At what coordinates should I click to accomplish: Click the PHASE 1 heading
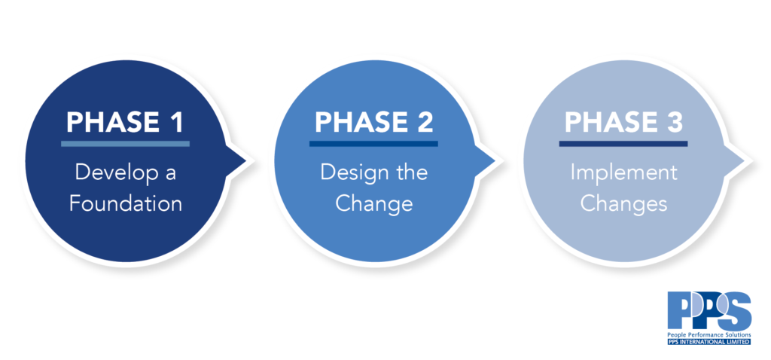click(125, 123)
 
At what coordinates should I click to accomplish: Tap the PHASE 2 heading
click(373, 123)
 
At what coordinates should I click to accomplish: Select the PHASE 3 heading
click(623, 123)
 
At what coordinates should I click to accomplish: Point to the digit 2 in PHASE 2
click(425, 123)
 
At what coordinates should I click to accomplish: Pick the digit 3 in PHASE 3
click(674, 123)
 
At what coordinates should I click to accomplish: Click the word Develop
click(112, 174)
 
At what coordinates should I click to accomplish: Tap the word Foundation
click(126, 203)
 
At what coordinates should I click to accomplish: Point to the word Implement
click(623, 174)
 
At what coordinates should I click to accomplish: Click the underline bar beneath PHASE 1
click(126, 144)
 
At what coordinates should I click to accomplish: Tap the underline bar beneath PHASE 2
click(373, 144)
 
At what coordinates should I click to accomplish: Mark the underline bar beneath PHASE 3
click(623, 144)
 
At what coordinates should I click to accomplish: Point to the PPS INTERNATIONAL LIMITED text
click(709, 341)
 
